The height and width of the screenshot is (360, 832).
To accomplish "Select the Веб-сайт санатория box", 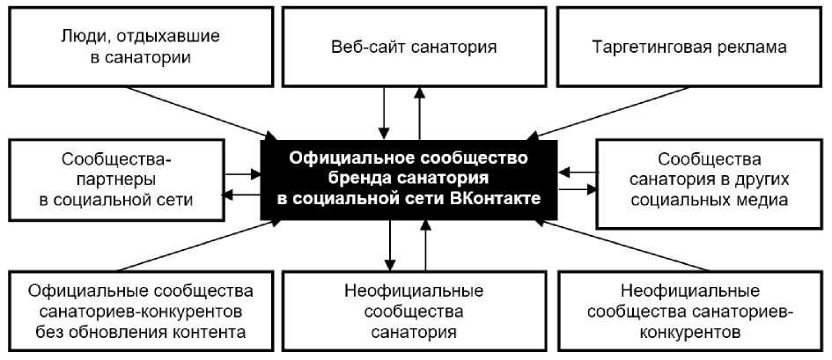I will coord(415,47).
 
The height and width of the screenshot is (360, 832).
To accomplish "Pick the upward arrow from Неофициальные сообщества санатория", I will coord(425,246).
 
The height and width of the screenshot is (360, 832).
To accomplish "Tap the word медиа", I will coord(762,200).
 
